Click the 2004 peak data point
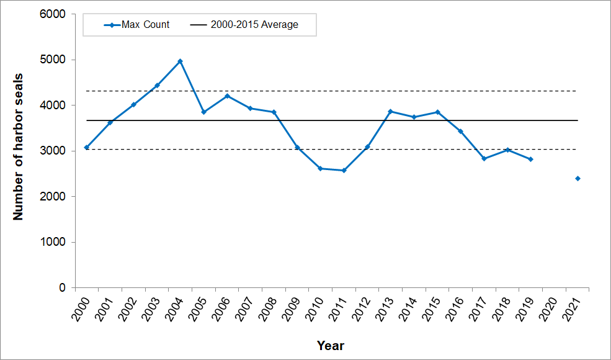[x=180, y=61]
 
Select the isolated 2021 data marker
[x=578, y=179]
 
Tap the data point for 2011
[x=344, y=170]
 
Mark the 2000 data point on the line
[x=86, y=147]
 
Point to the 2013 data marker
[x=390, y=111]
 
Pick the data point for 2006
[x=227, y=96]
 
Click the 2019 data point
[x=530, y=160]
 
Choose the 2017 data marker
[x=484, y=159]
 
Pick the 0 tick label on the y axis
[x=62, y=288]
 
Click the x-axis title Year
[x=330, y=346]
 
